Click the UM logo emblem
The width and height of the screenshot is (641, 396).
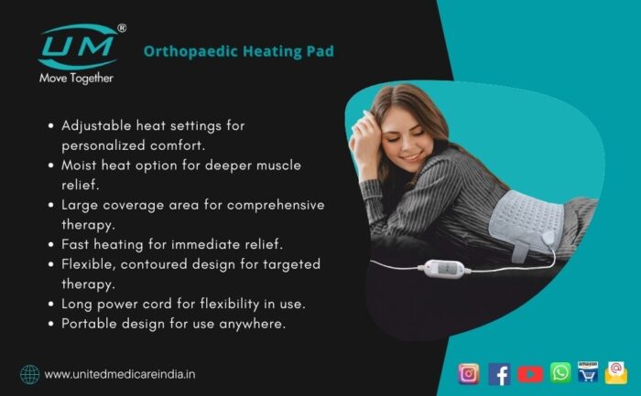click(78, 47)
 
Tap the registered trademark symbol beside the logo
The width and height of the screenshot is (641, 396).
click(122, 27)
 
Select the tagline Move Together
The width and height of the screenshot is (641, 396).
click(76, 78)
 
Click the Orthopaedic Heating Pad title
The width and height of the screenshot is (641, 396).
click(239, 51)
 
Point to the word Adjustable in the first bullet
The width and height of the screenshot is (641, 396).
click(96, 126)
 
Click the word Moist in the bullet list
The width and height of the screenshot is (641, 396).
click(79, 166)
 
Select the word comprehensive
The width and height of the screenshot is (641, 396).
click(276, 206)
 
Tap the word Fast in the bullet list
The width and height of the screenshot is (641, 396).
click(75, 244)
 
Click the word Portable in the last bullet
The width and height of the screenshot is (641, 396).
click(88, 324)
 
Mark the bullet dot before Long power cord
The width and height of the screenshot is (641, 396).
click(51, 305)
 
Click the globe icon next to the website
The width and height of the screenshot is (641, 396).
click(30, 374)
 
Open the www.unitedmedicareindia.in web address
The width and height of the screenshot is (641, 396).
click(120, 374)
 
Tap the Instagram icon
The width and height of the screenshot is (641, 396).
click(469, 373)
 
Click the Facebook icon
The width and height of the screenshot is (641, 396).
click(499, 374)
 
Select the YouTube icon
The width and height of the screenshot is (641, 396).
click(530, 374)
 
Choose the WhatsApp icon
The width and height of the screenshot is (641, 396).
click(560, 373)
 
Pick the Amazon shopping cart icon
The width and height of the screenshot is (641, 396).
click(588, 372)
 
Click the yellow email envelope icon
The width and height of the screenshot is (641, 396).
click(616, 373)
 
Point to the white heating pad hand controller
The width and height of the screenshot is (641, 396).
click(444, 269)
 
